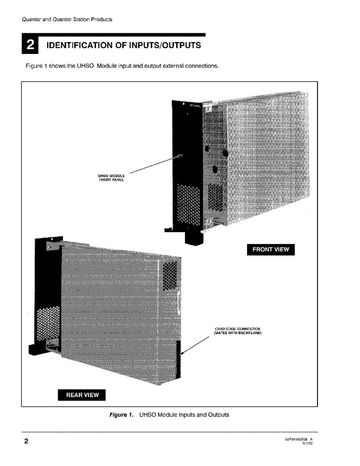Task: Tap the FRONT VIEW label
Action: pyautogui.click(x=270, y=249)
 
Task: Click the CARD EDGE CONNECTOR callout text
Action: pyautogui.click(x=237, y=331)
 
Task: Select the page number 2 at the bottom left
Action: pyautogui.click(x=25, y=442)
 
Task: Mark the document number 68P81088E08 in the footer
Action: pyautogui.click(x=296, y=439)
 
